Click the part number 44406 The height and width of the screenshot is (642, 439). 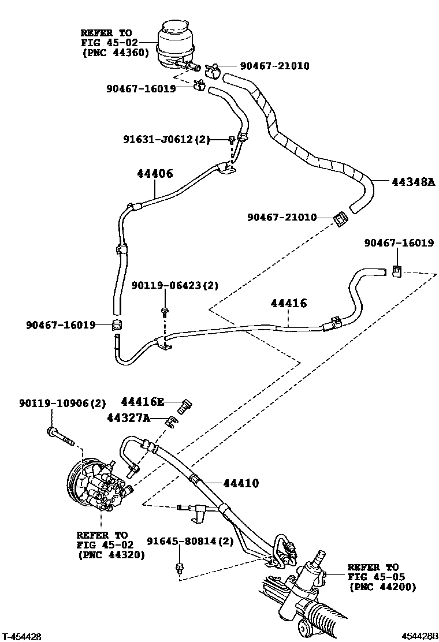155,173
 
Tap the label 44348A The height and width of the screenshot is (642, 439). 413,182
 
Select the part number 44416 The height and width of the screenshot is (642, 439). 289,303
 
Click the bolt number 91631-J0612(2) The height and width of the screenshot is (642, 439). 166,139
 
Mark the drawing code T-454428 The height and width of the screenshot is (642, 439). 22,636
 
